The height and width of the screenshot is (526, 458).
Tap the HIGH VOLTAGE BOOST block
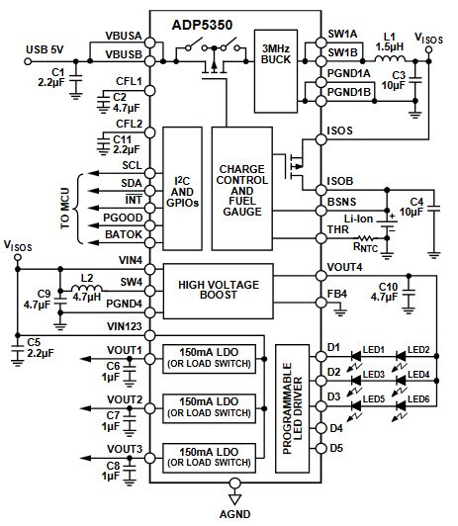(x=234, y=291)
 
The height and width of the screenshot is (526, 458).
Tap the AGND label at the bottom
(x=233, y=515)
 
